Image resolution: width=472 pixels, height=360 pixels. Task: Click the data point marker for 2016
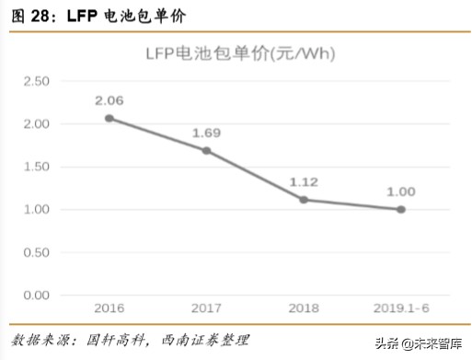coord(109,118)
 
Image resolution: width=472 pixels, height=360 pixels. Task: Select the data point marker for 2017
coord(206,150)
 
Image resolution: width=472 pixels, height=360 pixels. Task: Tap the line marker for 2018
coord(304,199)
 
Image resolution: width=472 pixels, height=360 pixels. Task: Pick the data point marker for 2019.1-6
coord(400,209)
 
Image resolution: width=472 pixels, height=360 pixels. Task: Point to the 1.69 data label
coord(206,133)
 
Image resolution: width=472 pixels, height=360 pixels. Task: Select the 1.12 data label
coord(304,181)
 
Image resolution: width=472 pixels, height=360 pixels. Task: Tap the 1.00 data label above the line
coord(400,192)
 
